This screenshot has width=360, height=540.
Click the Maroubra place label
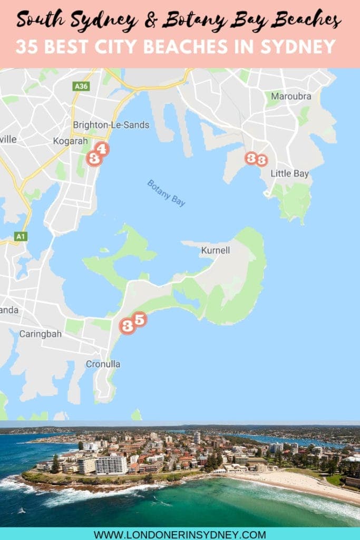pyautogui.click(x=291, y=97)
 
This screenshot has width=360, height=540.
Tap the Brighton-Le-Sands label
pyautogui.click(x=111, y=125)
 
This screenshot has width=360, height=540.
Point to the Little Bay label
pyautogui.click(x=289, y=173)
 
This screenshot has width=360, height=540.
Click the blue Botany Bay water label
pyautogui.click(x=166, y=193)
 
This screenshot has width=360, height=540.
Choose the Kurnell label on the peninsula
pyautogui.click(x=215, y=250)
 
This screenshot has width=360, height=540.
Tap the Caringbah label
pyautogui.click(x=40, y=334)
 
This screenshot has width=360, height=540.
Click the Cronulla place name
pyautogui.click(x=103, y=364)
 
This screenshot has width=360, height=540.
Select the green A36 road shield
pyautogui.click(x=80, y=85)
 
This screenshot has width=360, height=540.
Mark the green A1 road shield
pyautogui.click(x=21, y=236)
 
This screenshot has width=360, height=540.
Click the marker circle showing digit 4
pyautogui.click(x=102, y=149)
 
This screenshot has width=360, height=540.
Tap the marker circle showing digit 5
pyautogui.click(x=139, y=319)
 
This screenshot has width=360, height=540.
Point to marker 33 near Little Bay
pyautogui.click(x=256, y=159)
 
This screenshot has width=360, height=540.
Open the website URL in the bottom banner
pyautogui.click(x=180, y=534)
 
